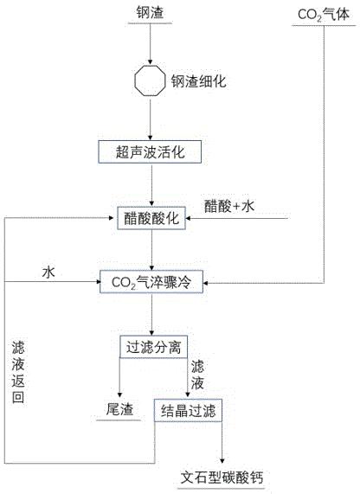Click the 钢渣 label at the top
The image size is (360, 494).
point(150,13)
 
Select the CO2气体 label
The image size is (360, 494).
point(324,15)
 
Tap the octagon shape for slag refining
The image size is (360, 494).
point(150,80)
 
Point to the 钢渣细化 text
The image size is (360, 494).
point(198,81)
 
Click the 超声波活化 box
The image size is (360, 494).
point(150,152)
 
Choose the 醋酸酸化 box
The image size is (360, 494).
point(151,218)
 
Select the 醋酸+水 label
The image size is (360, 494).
point(229,207)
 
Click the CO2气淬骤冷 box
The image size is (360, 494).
point(151,282)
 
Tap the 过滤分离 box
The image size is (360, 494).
point(153,347)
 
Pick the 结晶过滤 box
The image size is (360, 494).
point(188,410)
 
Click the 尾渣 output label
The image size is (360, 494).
point(119,409)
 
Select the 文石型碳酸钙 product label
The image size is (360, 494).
point(222,478)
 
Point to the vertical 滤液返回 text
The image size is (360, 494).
point(18,372)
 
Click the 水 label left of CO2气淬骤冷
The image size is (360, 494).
point(48,272)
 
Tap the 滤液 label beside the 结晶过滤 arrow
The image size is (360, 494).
point(197,375)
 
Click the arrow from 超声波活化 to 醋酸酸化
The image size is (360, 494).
point(151,185)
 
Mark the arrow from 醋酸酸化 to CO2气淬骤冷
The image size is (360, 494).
point(151,250)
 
